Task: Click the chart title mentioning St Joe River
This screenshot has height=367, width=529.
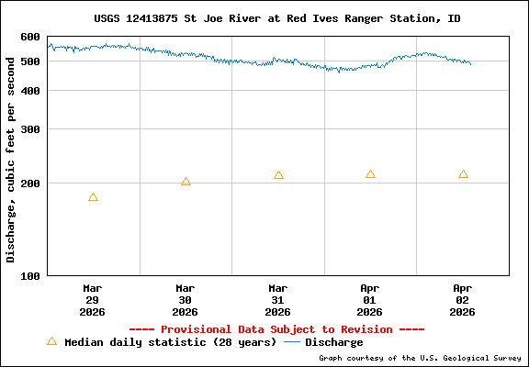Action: (277, 18)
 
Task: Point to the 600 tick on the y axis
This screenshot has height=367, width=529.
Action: (30, 37)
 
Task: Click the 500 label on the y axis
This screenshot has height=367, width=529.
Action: (30, 61)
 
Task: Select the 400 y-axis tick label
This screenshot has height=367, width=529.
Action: (30, 91)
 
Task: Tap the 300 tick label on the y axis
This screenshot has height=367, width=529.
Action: (30, 129)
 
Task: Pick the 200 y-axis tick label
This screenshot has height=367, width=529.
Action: (30, 183)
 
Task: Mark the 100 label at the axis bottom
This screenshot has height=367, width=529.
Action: (30, 275)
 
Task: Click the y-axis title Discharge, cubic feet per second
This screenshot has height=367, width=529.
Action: (11, 156)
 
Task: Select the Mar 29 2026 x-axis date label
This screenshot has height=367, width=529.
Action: (93, 299)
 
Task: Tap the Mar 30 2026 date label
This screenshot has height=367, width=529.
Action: (186, 299)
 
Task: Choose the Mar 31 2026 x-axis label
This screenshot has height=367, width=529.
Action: (277, 299)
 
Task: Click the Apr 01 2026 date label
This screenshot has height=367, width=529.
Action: (370, 299)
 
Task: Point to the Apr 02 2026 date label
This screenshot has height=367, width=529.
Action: (463, 299)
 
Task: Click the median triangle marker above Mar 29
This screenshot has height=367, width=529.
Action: (93, 197)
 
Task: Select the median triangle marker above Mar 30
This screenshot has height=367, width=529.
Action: (186, 182)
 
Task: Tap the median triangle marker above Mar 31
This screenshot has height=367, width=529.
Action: (278, 175)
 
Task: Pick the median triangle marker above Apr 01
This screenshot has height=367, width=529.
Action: (370, 174)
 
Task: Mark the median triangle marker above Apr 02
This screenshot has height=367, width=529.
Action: (463, 174)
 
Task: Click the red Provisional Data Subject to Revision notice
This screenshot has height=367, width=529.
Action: (276, 329)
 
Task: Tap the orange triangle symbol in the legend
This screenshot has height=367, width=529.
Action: (51, 341)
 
